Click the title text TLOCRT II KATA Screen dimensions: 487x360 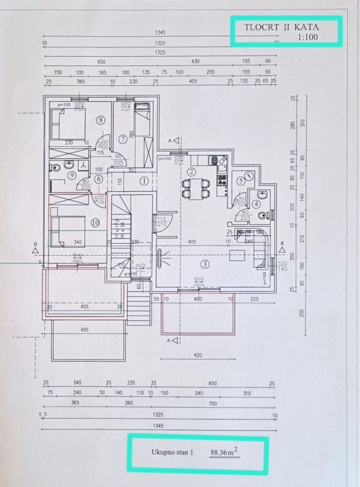pos(282,27)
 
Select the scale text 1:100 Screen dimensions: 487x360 pos(307,37)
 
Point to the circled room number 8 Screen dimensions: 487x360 pos(101,120)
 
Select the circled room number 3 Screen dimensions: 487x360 pos(205,263)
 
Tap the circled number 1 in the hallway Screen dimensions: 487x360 pos(144,180)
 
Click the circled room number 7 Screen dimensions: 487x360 pos(122,138)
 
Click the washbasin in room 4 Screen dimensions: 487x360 pos(261,194)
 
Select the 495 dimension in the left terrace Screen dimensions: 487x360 pos(84,330)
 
